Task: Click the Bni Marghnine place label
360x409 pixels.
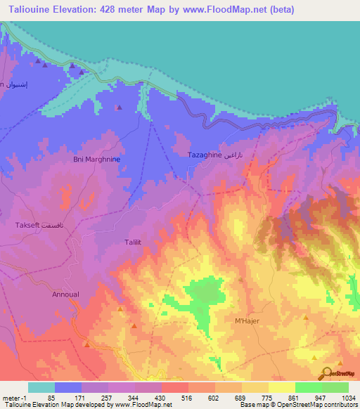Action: click(97, 160)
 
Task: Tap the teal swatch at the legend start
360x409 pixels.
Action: click(41, 387)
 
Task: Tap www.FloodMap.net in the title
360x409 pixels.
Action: click(223, 10)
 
